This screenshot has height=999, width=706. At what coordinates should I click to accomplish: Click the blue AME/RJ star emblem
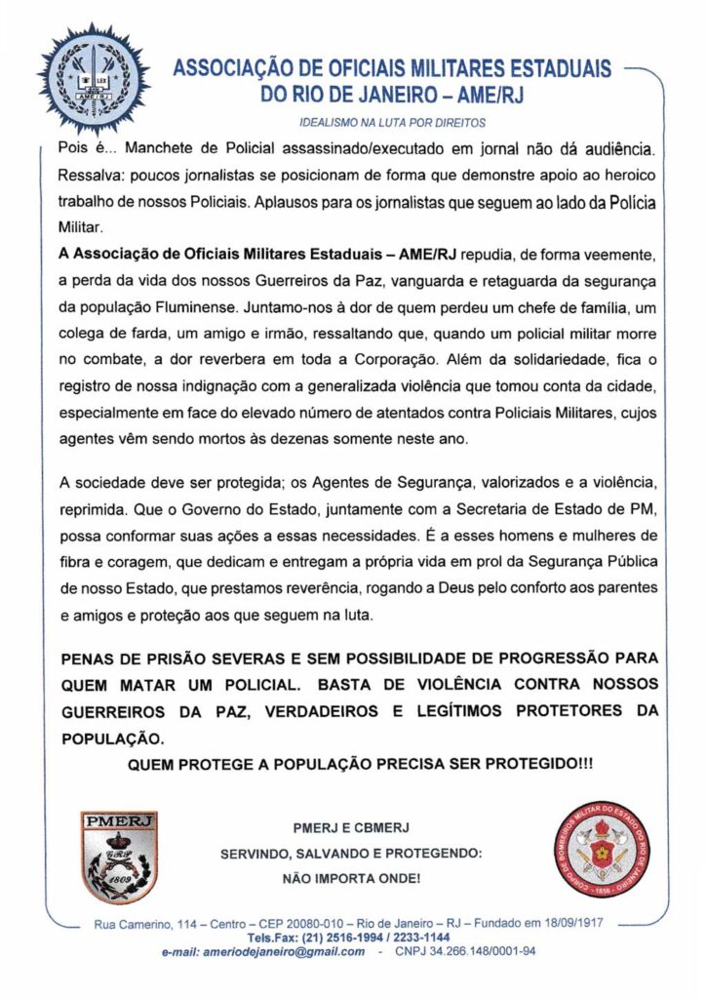(x=94, y=78)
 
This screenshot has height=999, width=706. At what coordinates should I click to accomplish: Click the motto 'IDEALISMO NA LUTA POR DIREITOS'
(x=391, y=123)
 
